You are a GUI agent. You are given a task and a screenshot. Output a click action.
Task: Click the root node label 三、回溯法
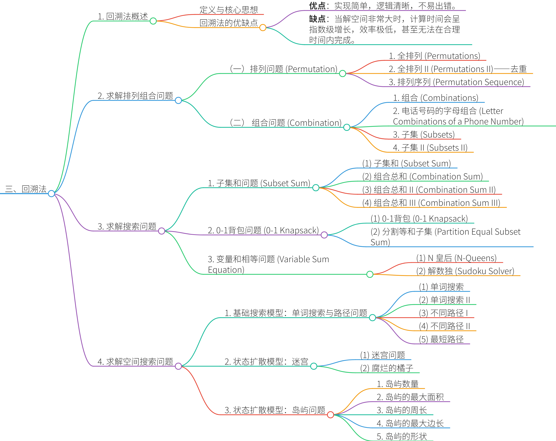click(x=26, y=189)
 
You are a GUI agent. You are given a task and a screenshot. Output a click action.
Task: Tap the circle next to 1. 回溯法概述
click(x=153, y=21)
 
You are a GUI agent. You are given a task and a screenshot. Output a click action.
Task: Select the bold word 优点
click(x=317, y=6)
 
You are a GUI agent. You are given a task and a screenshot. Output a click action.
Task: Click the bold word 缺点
click(x=317, y=19)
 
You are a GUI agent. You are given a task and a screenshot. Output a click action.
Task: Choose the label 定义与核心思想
click(x=228, y=10)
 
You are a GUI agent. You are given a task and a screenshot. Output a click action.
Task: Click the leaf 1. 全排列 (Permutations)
click(x=434, y=56)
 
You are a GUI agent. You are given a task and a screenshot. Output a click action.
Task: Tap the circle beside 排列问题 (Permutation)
click(x=342, y=73)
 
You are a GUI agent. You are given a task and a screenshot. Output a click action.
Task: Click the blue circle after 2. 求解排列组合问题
click(x=178, y=100)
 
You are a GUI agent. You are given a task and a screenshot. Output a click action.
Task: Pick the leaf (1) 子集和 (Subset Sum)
click(x=406, y=163)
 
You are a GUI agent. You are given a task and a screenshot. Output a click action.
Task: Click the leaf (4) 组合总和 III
click(x=431, y=203)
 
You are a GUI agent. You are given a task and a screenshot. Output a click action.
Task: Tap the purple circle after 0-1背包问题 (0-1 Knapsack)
click(x=324, y=235)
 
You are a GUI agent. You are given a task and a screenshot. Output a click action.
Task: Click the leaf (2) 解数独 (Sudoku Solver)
click(x=465, y=271)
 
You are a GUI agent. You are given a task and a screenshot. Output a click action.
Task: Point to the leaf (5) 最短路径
click(x=441, y=339)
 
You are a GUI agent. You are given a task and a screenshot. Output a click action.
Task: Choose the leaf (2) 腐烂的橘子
click(x=387, y=368)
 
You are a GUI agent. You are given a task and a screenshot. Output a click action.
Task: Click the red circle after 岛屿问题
click(x=330, y=415)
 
